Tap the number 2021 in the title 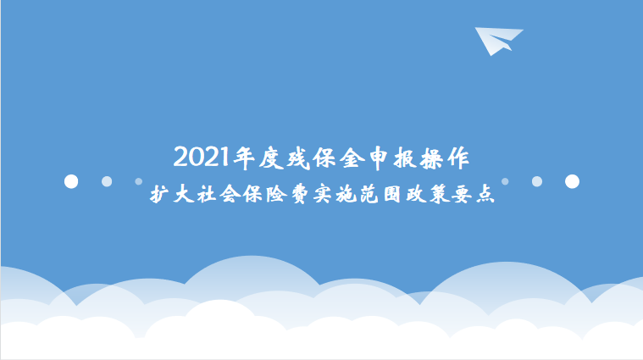[201, 157]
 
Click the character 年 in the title [244, 158]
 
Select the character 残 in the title [298, 158]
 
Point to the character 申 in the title [379, 158]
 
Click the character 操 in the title [431, 158]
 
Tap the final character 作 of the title [458, 158]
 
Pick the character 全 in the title [352, 158]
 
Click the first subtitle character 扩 [159, 194]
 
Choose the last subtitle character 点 [485, 194]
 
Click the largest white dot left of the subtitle [71, 181]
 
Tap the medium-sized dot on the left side [107, 181]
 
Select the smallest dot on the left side [139, 181]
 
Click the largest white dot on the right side [572, 181]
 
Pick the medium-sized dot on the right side [537, 181]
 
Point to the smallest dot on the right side [505, 181]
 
